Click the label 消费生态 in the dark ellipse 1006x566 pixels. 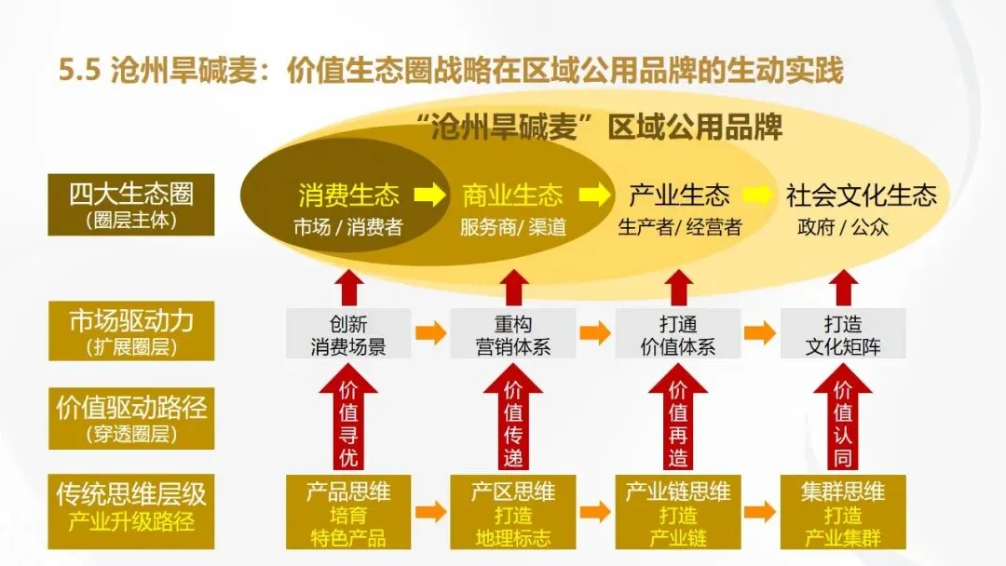(348, 195)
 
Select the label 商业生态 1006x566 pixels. (512, 195)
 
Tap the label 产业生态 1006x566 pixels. (679, 195)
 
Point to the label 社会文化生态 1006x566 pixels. (861, 195)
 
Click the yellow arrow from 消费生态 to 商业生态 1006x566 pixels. (430, 195)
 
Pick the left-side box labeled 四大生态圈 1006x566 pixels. (130, 205)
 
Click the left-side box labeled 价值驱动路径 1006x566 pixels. (130, 417)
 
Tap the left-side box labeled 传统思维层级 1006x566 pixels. (130, 510)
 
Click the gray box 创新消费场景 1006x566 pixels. (348, 335)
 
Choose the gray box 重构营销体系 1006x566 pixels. (513, 335)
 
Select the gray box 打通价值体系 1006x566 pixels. (678, 335)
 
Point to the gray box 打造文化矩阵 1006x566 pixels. (843, 335)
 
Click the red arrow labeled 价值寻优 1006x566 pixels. (348, 419)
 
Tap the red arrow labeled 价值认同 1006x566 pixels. (843, 419)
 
